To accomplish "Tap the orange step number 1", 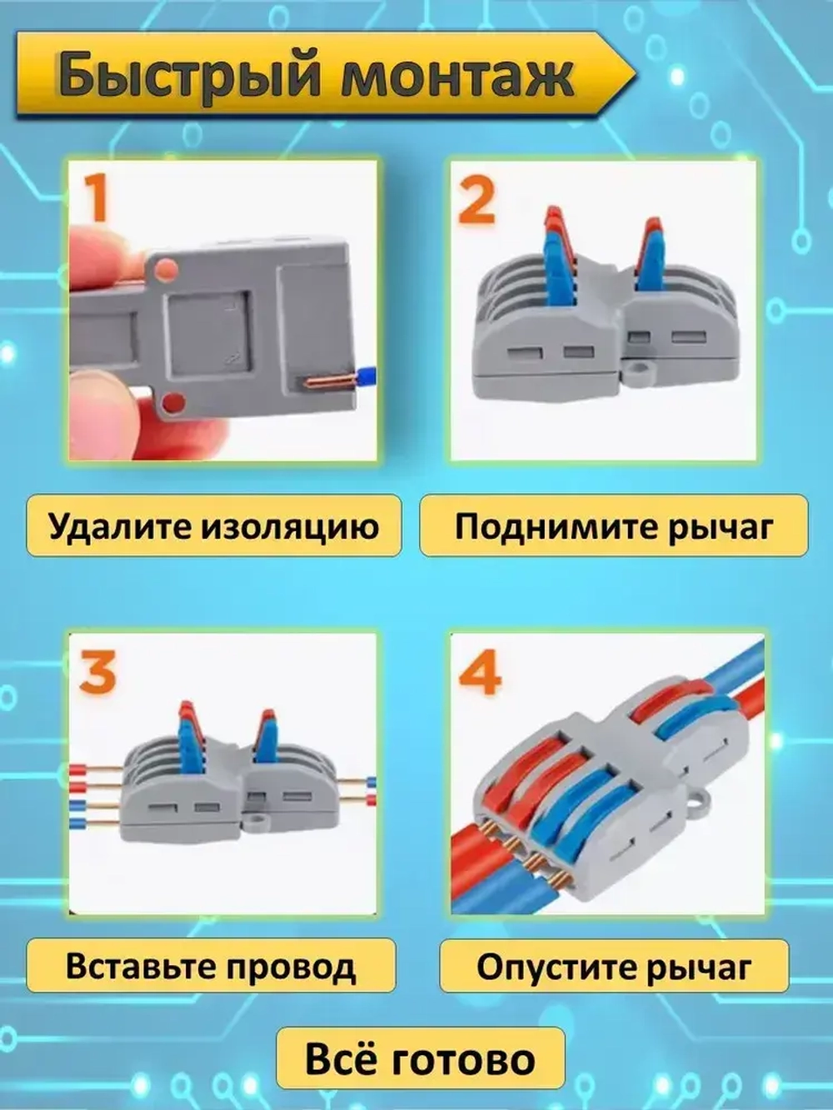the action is pos(96,197).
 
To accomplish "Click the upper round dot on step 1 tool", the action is pos(166,269).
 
